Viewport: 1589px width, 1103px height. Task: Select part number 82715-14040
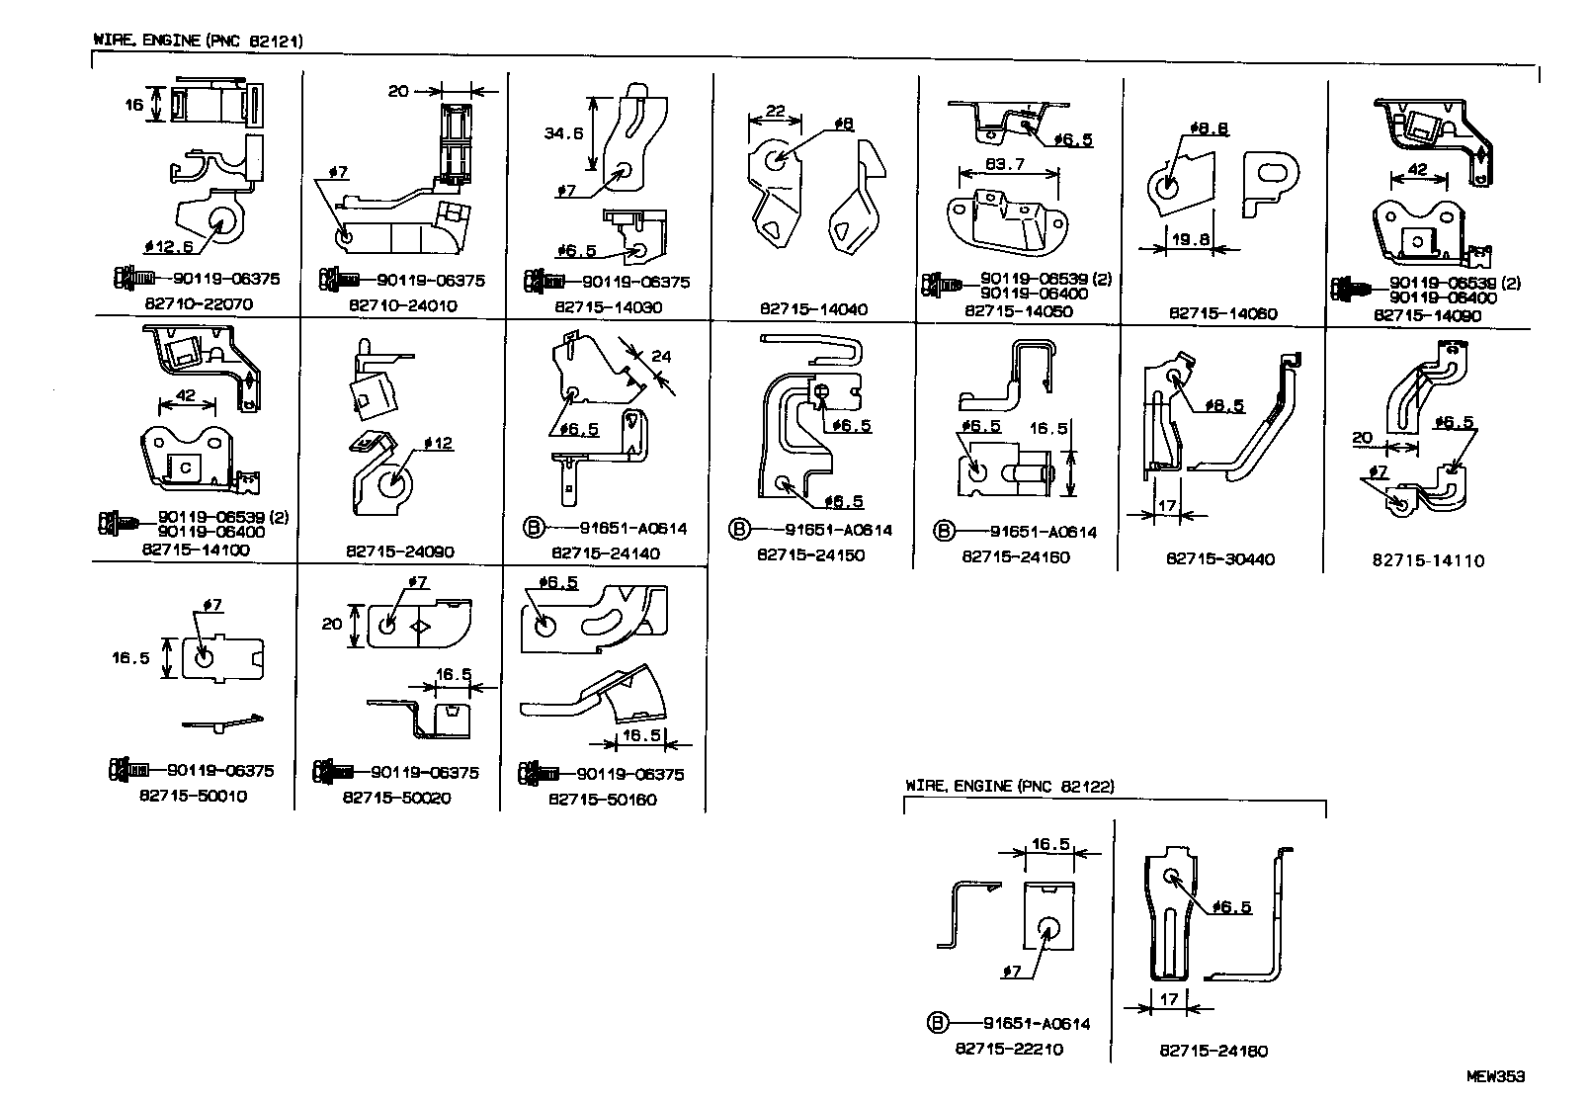[813, 309]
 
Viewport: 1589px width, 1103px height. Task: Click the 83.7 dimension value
[1005, 164]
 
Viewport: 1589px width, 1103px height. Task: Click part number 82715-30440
[1220, 559]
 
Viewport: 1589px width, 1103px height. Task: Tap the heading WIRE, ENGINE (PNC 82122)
[1009, 787]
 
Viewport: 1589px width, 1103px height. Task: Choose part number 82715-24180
[1213, 1052]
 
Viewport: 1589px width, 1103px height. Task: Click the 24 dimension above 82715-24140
[660, 357]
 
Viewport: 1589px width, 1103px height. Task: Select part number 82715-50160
[603, 800]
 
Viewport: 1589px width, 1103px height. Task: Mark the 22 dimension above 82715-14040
[775, 112]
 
